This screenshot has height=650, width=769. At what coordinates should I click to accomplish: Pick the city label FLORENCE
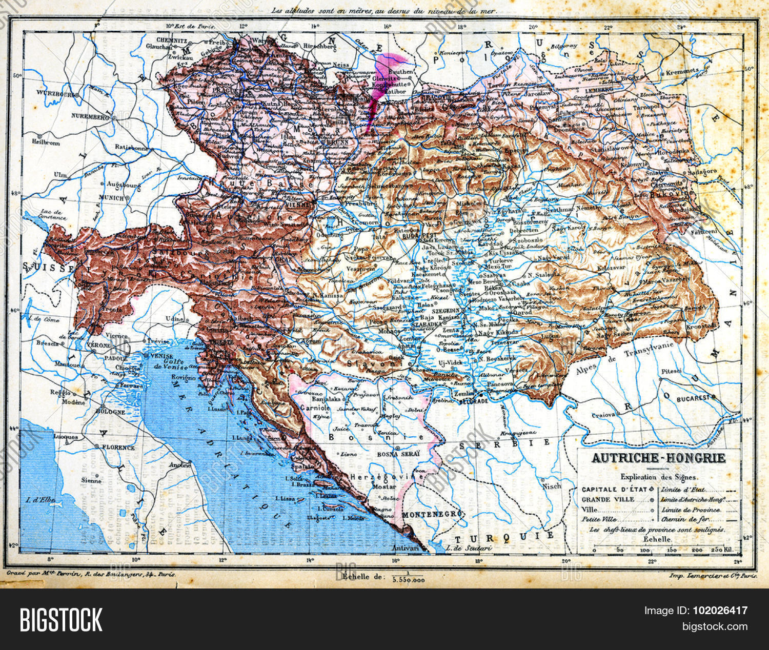(117, 447)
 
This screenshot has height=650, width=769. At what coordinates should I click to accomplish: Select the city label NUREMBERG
(91, 117)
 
